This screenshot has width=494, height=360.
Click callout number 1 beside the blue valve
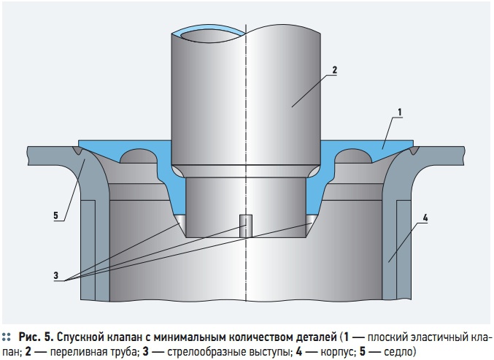(x=399, y=112)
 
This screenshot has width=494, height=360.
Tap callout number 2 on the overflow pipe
(x=334, y=70)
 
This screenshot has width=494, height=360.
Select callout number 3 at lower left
(x=56, y=275)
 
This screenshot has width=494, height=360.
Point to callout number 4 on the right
(x=425, y=218)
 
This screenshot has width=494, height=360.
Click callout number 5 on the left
(x=55, y=215)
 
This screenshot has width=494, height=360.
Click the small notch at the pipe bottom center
(x=246, y=226)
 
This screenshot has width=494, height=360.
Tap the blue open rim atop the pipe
(x=208, y=30)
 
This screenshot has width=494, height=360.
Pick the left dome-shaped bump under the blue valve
(x=139, y=157)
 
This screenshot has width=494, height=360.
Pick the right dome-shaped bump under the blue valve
(x=353, y=157)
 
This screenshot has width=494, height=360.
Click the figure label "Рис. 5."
(x=36, y=337)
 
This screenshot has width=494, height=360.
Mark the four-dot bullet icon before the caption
(x=6, y=337)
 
